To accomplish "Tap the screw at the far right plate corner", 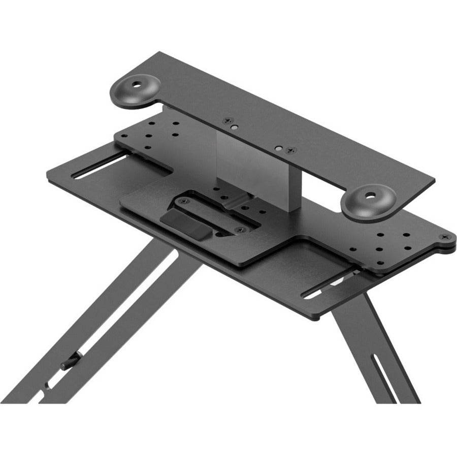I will (446, 236).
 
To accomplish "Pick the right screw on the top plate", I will (290, 150).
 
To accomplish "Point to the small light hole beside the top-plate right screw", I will (278, 148).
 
